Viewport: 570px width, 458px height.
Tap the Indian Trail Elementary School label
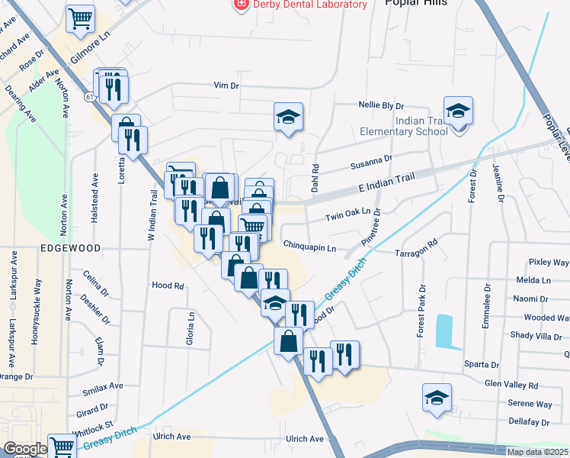(x=421, y=126)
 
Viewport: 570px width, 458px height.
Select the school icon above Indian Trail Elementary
(x=458, y=111)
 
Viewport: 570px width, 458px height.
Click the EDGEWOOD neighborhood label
(x=71, y=249)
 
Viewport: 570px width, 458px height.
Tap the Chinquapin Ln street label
(x=309, y=247)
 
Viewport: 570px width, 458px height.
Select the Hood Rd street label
(x=168, y=285)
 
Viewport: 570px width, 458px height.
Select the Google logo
(x=24, y=449)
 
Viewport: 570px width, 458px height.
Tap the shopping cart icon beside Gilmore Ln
(x=80, y=19)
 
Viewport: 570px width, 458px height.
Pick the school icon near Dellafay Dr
(x=437, y=398)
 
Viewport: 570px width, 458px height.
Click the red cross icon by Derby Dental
(x=242, y=5)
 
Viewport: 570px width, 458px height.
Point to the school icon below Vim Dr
(x=289, y=118)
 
